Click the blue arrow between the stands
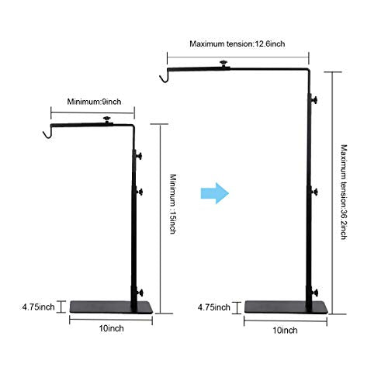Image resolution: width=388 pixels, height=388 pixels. point(215,193)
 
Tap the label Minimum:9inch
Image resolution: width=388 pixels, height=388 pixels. point(94,102)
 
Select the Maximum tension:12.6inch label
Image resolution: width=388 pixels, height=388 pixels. point(237,43)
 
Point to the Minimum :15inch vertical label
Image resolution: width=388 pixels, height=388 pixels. point(173,204)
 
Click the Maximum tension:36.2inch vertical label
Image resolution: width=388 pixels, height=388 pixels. point(344,192)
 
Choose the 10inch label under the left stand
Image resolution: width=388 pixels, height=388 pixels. point(111,328)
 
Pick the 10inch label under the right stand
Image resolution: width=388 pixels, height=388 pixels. point(285,331)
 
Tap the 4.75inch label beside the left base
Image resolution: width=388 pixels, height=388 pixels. point(38,307)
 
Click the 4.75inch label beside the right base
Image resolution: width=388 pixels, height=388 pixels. point(214,307)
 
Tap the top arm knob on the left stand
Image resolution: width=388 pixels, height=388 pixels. point(106,120)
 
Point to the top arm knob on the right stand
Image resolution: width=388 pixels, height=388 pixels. point(223,64)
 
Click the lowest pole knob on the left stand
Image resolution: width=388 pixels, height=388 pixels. point(140,293)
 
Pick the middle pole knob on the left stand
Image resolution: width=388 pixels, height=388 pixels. point(140,192)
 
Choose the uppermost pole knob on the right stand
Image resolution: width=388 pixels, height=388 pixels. point(314,100)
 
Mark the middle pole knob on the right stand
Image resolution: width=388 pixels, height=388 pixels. point(314,192)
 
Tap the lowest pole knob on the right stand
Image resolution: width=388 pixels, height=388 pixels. point(314,293)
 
